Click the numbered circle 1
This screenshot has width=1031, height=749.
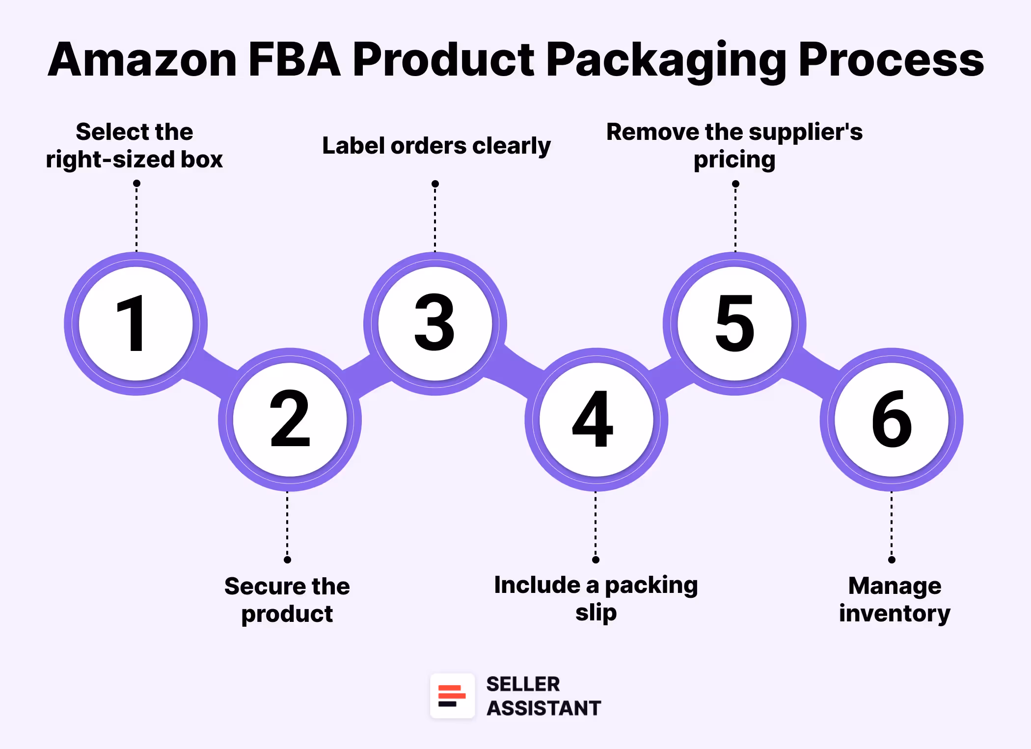(136, 323)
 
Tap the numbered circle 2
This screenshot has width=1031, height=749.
(290, 420)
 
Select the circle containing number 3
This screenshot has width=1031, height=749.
(435, 323)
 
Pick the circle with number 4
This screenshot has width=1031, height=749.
(596, 420)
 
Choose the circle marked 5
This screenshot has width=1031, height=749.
(734, 323)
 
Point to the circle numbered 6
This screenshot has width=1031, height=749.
(892, 420)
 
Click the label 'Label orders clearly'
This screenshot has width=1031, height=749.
(436, 146)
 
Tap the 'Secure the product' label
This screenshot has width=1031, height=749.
(287, 600)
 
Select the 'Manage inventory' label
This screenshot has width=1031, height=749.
(895, 599)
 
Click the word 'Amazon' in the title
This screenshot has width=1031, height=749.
(142, 60)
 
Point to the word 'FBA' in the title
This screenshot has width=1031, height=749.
(295, 60)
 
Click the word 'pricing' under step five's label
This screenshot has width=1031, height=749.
(734, 160)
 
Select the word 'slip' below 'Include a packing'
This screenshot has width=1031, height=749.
(596, 613)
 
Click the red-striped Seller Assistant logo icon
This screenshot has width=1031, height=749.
(452, 696)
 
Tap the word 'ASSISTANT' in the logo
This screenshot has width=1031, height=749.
(543, 708)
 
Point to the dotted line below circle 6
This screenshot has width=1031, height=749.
(892, 525)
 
